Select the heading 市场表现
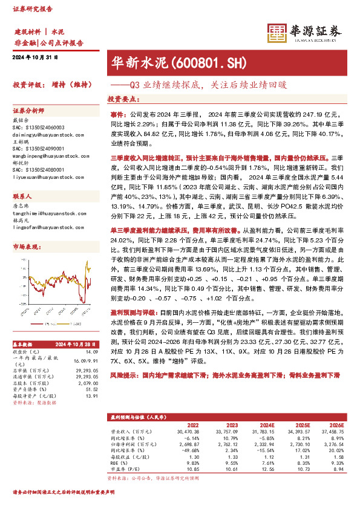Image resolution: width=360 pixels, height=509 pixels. (x=25, y=247)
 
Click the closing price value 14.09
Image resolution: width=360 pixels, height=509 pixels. (x=91, y=352)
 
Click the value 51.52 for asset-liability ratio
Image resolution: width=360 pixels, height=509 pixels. (x=92, y=390)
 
